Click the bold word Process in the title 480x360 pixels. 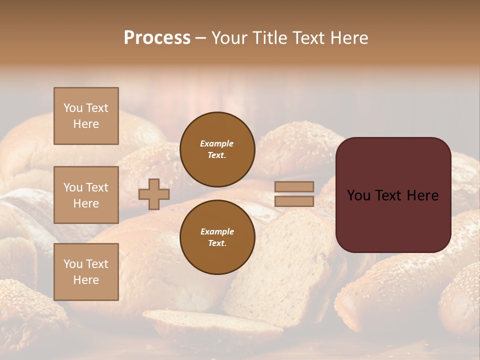tap(157, 38)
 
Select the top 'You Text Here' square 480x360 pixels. tap(86, 116)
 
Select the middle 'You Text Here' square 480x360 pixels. tap(86, 195)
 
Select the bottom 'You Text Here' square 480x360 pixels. tap(86, 271)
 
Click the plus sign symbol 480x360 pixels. tap(153, 194)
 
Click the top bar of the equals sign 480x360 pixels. tap(294, 187)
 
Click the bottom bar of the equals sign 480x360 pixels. tap(294, 201)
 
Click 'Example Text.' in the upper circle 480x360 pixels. tap(217, 149)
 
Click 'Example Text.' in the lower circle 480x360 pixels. tap(217, 237)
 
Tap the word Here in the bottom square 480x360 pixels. tap(86, 280)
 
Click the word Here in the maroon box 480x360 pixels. tap(422, 195)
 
